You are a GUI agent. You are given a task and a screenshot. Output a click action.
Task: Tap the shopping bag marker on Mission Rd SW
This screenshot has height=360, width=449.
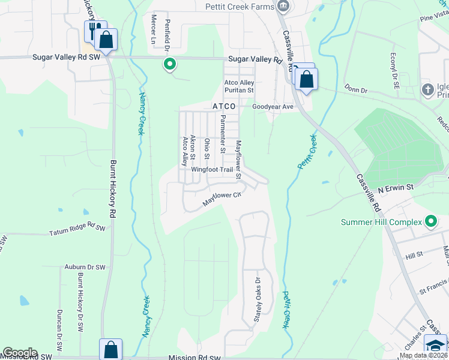click(x=110, y=349)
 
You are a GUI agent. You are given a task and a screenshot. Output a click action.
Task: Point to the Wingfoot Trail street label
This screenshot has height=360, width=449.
click(x=211, y=170)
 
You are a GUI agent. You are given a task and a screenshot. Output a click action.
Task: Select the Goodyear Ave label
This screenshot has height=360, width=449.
click(x=273, y=106)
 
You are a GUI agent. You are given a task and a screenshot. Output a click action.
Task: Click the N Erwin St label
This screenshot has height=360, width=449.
click(x=396, y=188)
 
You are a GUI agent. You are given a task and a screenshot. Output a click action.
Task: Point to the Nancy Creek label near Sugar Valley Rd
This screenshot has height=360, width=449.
click(x=142, y=113)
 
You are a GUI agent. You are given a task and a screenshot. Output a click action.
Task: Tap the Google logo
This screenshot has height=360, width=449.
click(x=20, y=353)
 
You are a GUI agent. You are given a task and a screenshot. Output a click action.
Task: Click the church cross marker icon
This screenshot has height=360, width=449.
click(x=427, y=90)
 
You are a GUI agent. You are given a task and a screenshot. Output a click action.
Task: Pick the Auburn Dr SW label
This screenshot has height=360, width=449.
click(x=85, y=266)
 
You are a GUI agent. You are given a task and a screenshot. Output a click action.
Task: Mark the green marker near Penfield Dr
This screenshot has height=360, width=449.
click(x=170, y=64)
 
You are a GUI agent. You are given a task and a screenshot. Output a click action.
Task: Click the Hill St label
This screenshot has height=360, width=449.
click(x=414, y=255)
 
